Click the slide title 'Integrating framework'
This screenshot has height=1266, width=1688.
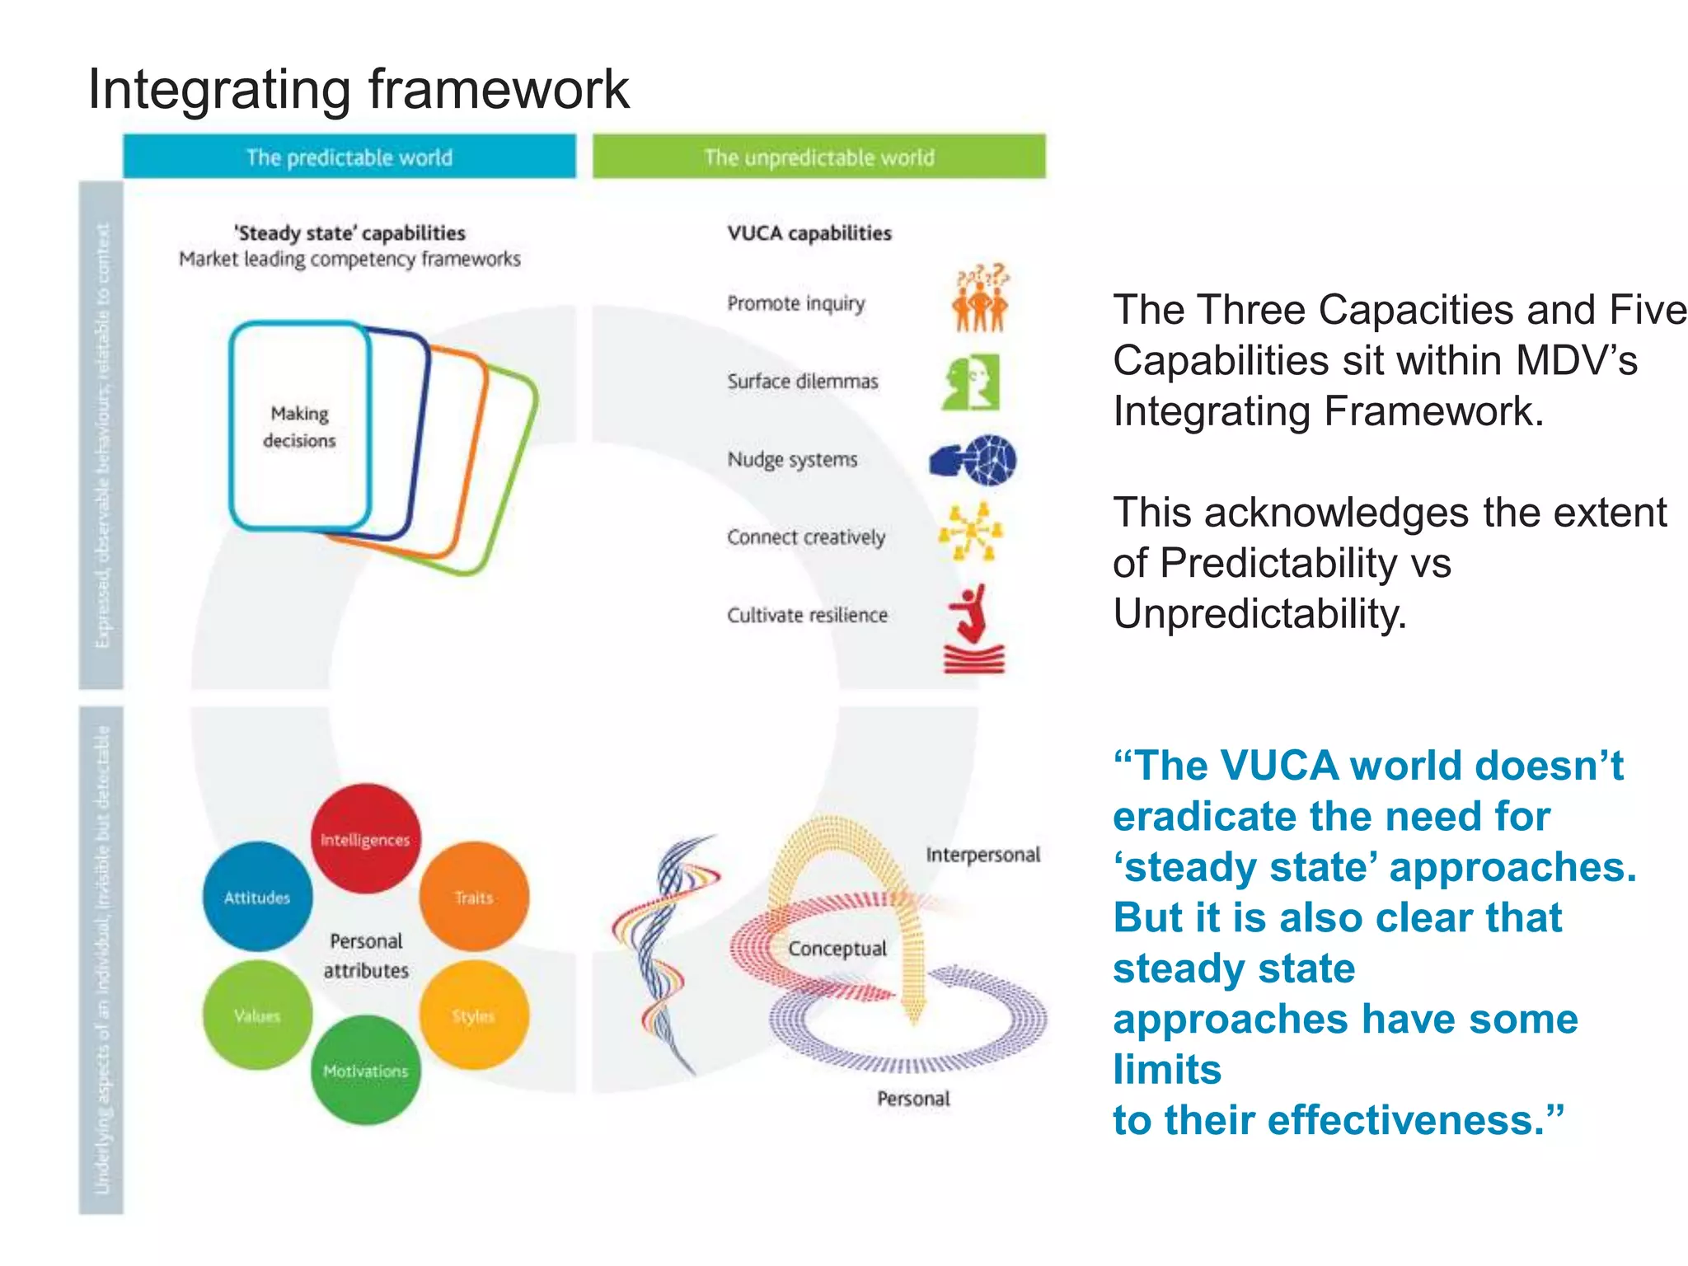[358, 89]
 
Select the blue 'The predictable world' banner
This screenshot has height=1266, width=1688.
[349, 157]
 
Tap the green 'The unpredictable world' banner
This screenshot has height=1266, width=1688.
[818, 157]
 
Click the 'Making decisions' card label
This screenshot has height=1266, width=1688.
[299, 426]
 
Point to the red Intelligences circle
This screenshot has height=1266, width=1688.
[365, 838]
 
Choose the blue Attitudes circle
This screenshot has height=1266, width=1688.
[257, 897]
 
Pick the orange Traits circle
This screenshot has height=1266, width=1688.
[474, 897]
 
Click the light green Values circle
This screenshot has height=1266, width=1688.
[257, 1015]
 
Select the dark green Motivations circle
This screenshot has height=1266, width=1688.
[365, 1071]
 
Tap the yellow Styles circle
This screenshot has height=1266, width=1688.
[474, 1015]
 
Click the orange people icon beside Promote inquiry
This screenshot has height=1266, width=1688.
[980, 298]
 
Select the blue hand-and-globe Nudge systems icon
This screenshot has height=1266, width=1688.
[973, 459]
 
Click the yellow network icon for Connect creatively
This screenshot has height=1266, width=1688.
[972, 532]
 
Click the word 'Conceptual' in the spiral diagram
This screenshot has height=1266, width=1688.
[837, 949]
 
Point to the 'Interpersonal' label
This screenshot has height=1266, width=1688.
[982, 855]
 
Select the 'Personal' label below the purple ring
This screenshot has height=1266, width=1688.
[913, 1099]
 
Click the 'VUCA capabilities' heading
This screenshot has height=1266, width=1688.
[809, 233]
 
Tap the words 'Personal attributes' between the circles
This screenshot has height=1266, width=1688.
[366, 955]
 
